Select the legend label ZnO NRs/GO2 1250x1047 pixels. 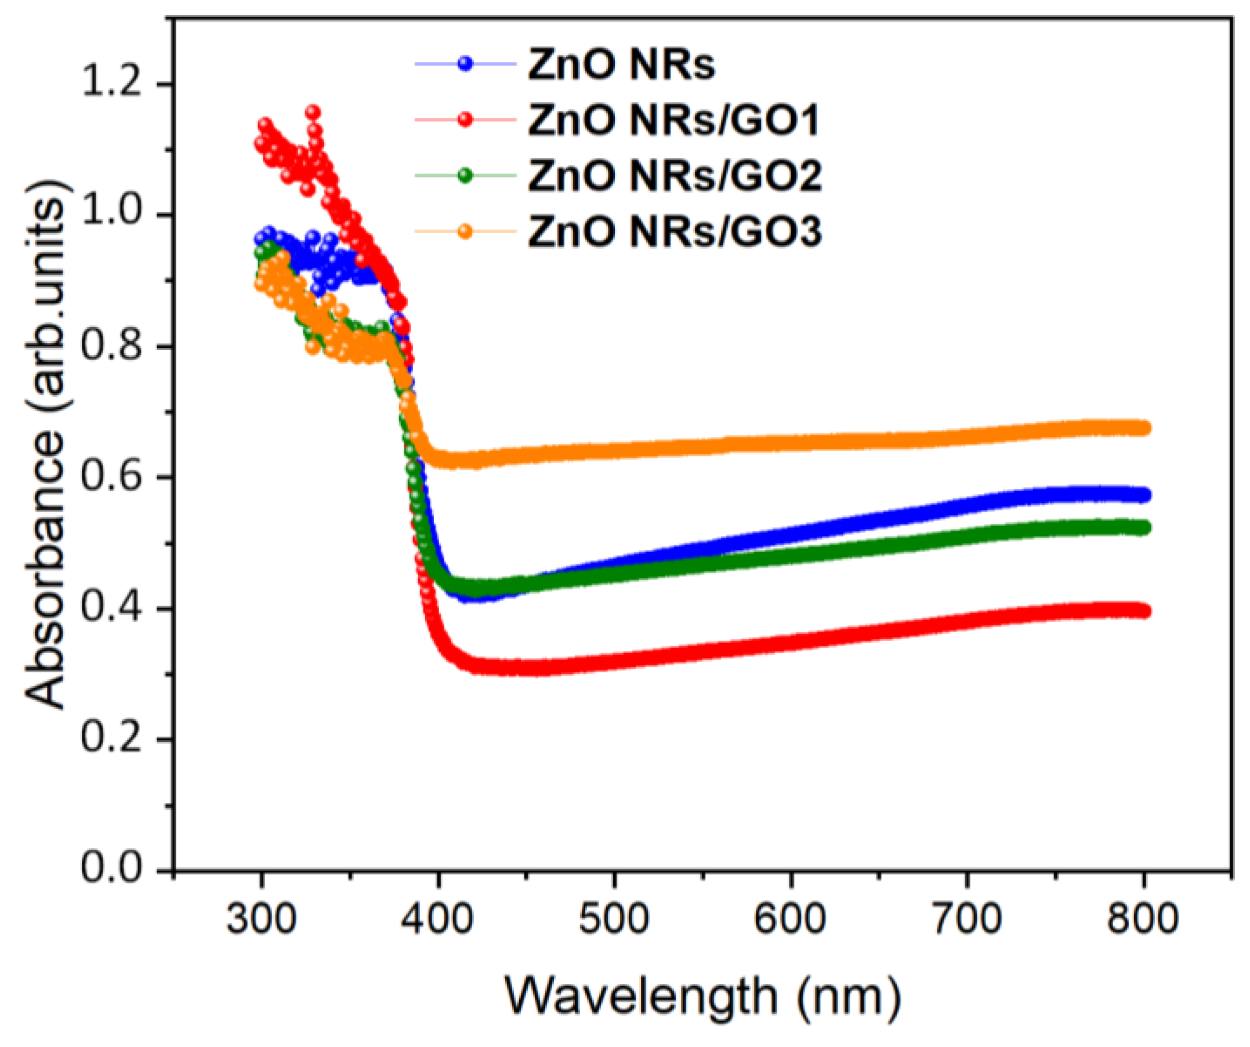coord(675,176)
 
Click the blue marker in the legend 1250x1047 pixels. coord(465,64)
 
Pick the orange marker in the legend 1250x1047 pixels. coord(465,231)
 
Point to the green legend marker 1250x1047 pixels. coord(465,176)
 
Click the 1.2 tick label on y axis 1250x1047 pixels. coord(111,84)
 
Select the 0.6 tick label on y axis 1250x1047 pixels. coord(111,477)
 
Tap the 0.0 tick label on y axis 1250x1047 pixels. coord(111,870)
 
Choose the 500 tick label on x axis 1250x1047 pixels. coord(614,918)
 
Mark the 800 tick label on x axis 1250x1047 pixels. coord(1142,918)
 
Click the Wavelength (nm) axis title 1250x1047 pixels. coord(702,997)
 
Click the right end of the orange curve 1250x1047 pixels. coord(1143,428)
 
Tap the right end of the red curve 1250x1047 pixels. coord(1143,611)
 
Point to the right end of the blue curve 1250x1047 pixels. coord(1143,495)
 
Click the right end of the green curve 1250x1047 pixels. coord(1143,528)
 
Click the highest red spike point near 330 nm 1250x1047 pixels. coord(313,113)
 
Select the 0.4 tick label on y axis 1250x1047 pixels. coord(111,608)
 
